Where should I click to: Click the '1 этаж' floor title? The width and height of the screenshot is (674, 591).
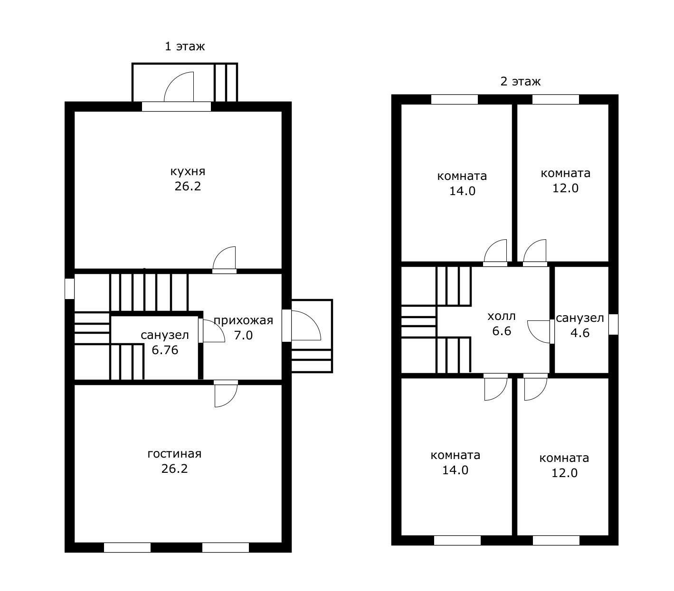click(185, 46)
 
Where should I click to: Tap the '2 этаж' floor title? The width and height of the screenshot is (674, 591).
click(520, 82)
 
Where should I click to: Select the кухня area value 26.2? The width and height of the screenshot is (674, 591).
click(188, 186)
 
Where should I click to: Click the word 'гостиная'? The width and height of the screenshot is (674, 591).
click(174, 454)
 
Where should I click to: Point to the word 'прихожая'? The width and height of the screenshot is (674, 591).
click(243, 320)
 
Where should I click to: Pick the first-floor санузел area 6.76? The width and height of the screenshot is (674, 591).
click(165, 350)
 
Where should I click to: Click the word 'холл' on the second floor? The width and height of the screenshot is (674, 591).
click(501, 316)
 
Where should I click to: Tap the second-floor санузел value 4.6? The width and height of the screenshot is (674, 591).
click(580, 333)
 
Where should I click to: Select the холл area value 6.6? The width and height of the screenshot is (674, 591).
click(501, 331)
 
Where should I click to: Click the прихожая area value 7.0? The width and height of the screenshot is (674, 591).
click(243, 335)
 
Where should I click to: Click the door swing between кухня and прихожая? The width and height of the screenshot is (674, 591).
click(224, 258)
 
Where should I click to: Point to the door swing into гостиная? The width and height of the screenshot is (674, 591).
click(226, 396)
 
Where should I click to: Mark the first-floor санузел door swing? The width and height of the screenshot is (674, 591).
click(214, 331)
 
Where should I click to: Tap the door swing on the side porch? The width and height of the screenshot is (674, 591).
click(306, 326)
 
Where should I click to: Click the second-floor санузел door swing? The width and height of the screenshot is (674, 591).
click(539, 332)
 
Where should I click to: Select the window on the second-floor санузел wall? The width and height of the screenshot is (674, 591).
click(614, 324)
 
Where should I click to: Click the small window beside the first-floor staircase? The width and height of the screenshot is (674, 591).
click(69, 289)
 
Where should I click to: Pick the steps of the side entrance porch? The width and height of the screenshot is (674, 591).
click(312, 361)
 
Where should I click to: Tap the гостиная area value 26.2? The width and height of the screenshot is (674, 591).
click(174, 469)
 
